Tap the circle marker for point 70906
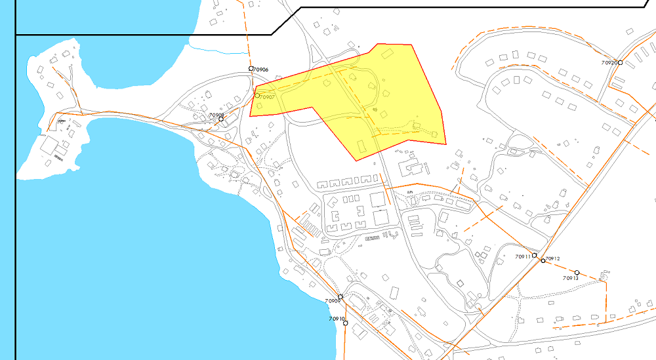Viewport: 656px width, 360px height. click(251, 69)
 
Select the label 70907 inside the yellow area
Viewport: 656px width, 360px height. click(268, 97)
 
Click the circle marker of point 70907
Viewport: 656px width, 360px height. click(257, 96)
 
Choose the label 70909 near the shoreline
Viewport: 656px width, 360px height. click(333, 302)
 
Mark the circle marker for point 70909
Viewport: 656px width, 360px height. click(340, 297)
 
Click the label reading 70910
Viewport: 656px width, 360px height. click(337, 319)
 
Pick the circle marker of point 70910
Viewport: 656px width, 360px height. click(346, 323)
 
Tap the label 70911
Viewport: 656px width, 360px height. click(523, 256)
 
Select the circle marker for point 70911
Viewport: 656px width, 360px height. click(535, 255)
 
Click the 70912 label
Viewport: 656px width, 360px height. click(552, 259)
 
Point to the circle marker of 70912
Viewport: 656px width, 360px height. click(543, 261)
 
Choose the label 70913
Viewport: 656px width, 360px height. click(571, 279)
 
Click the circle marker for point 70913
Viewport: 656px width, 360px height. click(577, 273)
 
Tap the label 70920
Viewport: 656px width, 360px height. click(609, 63)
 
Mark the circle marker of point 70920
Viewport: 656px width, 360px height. click(620, 63)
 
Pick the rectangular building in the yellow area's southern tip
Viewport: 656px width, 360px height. click(361, 144)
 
